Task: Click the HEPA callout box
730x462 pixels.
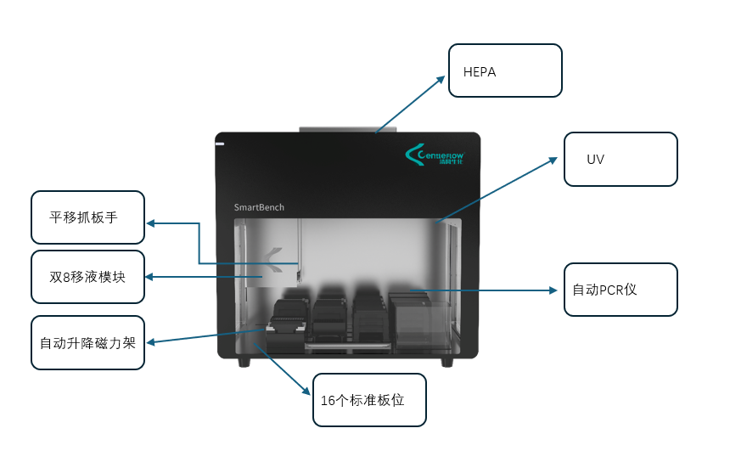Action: coord(505,70)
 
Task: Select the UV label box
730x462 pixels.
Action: coord(620,159)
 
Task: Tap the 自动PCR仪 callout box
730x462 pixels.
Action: coord(620,290)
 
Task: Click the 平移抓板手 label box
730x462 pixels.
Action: coord(87,218)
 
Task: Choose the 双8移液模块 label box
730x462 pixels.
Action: coord(87,277)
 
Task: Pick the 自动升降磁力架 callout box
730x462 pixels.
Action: coord(87,343)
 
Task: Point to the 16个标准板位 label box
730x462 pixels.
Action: coord(369,399)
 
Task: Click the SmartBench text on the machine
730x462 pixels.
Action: coord(259,207)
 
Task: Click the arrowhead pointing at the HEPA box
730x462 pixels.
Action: coord(441,78)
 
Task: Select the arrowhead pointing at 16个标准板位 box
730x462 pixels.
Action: coord(306,392)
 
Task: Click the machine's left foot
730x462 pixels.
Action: coord(244,363)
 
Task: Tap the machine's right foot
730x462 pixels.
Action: coord(447,363)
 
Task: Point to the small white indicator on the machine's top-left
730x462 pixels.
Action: coord(220,144)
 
